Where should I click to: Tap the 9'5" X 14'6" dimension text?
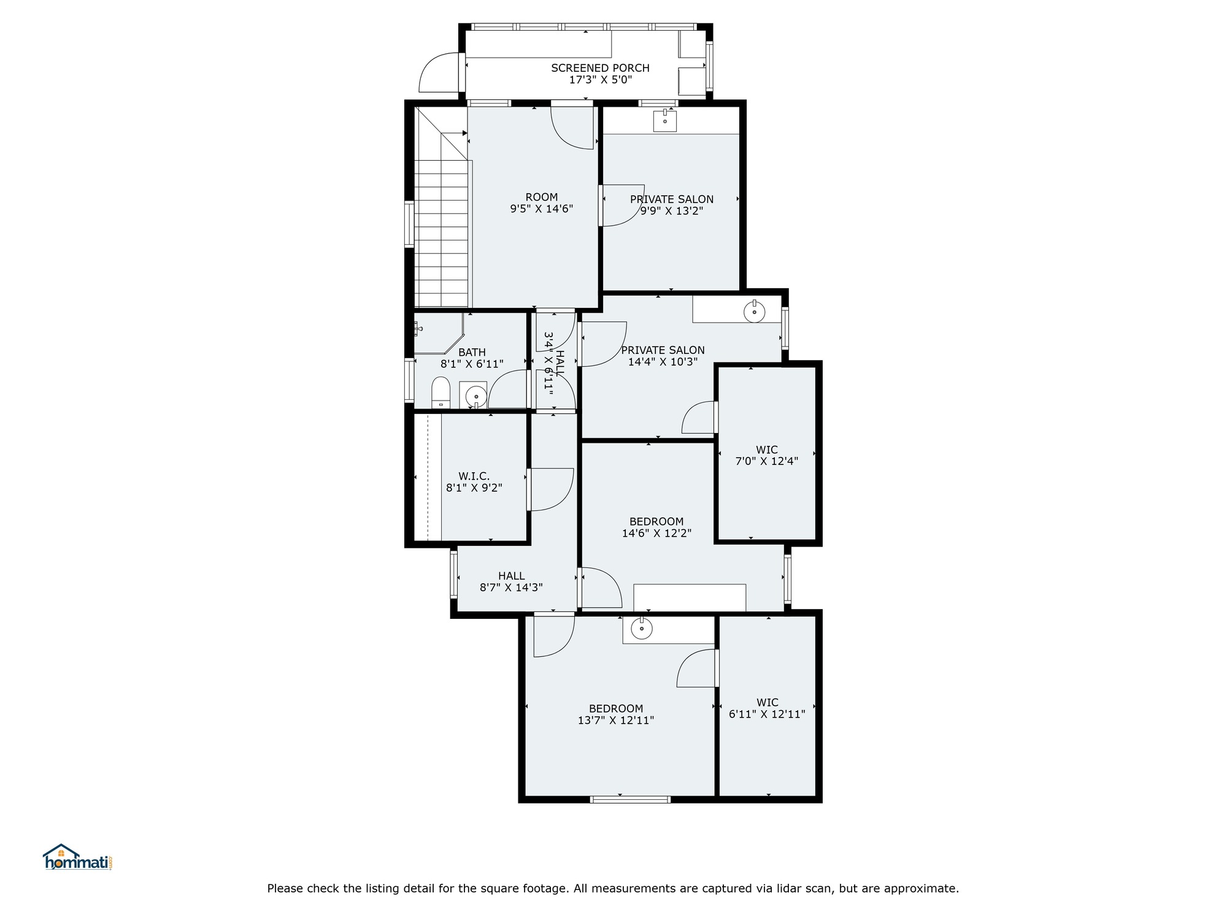pos(541,209)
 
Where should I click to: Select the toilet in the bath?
pos(440,393)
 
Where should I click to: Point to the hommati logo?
pos(77,857)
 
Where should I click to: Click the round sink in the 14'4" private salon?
pos(754,312)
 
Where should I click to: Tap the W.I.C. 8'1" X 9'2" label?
pos(474,482)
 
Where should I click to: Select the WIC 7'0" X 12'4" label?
pos(767,455)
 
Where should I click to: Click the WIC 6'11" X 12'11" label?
pos(767,708)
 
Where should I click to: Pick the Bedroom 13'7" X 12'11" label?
pos(616,714)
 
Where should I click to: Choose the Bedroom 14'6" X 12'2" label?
pos(656,527)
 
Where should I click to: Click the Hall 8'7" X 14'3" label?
pos(511,581)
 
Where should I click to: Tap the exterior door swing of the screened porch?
pos(439,72)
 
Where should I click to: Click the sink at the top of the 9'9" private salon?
pos(664,121)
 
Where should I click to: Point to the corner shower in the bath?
pos(438,333)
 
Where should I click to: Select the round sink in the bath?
pos(476,397)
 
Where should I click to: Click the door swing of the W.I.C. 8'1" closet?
pos(551,489)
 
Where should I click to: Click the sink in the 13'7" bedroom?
pos(642,629)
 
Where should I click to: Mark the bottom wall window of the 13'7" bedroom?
pos(630,799)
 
